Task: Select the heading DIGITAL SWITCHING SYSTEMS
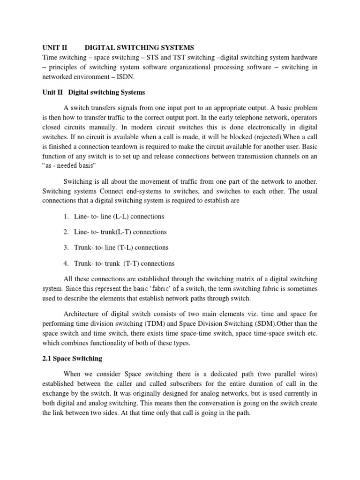[139, 48]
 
